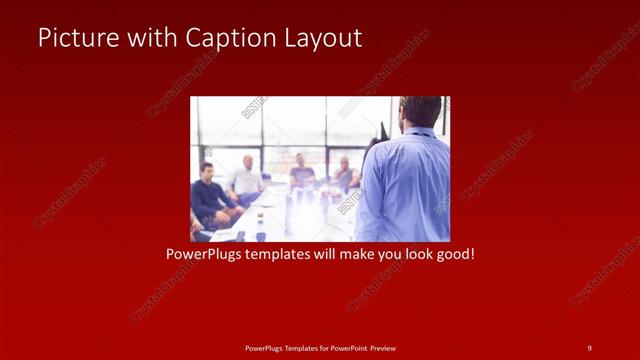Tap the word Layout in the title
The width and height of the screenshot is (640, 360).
tap(319, 39)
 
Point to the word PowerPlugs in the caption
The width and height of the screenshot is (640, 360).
tap(203, 255)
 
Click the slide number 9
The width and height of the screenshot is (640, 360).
tap(590, 347)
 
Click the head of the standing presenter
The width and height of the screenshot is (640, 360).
tap(420, 112)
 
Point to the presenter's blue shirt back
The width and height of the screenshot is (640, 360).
tap(405, 185)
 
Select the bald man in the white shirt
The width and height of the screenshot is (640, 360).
tap(246, 177)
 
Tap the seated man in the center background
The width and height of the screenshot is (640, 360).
tap(301, 172)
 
